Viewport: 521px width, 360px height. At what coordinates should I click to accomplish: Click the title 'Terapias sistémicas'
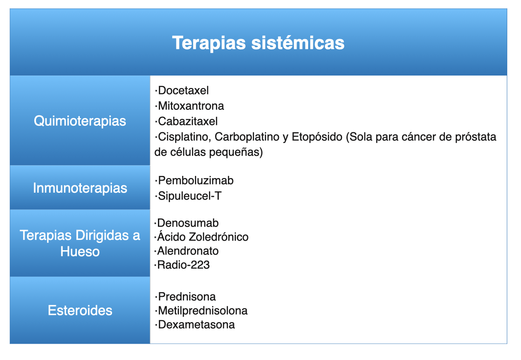pyautogui.click(x=258, y=43)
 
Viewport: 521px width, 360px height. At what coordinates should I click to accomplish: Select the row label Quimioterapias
pyautogui.click(x=80, y=121)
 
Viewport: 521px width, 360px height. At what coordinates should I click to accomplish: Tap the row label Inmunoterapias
pyautogui.click(x=80, y=188)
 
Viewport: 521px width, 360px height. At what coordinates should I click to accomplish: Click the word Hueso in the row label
pyautogui.click(x=80, y=251)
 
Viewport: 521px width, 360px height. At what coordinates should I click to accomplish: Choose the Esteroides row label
pyautogui.click(x=80, y=311)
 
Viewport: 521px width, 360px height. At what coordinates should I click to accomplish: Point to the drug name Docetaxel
pyautogui.click(x=183, y=91)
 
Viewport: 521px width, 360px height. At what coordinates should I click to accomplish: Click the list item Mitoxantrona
pyautogui.click(x=191, y=106)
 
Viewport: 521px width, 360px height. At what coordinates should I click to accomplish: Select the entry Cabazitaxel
pyautogui.click(x=188, y=121)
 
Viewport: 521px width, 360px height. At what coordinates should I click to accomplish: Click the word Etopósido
pyautogui.click(x=317, y=137)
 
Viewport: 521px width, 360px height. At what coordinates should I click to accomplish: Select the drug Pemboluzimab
pyautogui.click(x=196, y=181)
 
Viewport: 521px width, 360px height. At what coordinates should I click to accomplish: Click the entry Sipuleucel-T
pyautogui.click(x=190, y=196)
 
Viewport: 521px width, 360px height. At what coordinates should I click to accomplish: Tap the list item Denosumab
pyautogui.click(x=188, y=223)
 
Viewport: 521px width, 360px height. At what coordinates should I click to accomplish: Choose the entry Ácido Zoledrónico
pyautogui.click(x=203, y=237)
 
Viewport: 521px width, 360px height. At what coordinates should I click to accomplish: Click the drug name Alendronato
pyautogui.click(x=188, y=251)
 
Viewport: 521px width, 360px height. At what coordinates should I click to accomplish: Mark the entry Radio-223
pyautogui.click(x=184, y=265)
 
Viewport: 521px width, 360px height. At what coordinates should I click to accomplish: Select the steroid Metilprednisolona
pyautogui.click(x=203, y=311)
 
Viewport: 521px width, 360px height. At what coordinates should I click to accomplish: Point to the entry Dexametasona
pyautogui.click(x=196, y=325)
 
